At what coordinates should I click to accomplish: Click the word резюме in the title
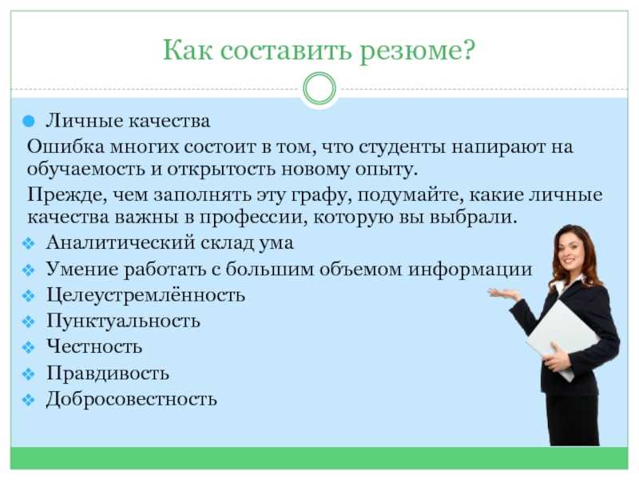[x=417, y=50]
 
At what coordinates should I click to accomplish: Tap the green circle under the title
[x=319, y=89]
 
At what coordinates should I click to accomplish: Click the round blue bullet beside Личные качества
[x=29, y=122]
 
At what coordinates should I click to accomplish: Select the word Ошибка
[x=65, y=146]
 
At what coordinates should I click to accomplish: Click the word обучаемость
[x=85, y=169]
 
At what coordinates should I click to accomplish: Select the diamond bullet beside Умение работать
[x=29, y=270]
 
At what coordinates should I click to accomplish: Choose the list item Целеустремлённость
[x=145, y=295]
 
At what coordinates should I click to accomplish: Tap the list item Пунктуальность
[x=123, y=321]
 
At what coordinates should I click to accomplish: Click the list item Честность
[x=94, y=346]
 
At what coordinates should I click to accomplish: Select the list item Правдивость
[x=108, y=373]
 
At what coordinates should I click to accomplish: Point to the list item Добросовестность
[x=131, y=398]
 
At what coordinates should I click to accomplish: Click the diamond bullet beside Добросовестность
[x=29, y=399]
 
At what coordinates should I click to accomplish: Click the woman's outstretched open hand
[x=504, y=294]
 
